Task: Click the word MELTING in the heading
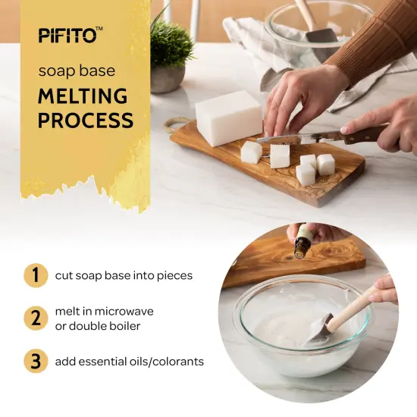pos(83,96)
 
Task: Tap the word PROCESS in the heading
pos(86,121)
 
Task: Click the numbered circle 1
pos(35,275)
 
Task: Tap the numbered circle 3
pos(35,362)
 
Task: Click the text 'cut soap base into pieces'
pos(124,275)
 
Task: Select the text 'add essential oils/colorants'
pos(129,362)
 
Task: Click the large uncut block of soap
pos(228,118)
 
